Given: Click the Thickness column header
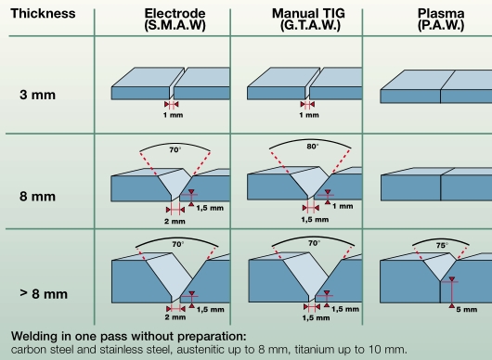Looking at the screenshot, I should [x=41, y=16].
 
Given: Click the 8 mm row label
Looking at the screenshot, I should [x=40, y=197].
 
